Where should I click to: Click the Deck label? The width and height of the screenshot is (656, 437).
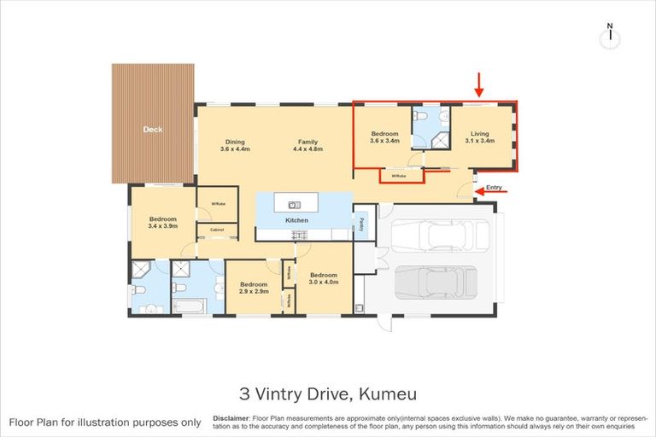click(153, 130)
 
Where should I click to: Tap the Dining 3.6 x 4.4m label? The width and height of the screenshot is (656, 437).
click(235, 145)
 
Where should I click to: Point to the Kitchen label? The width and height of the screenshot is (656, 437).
click(296, 220)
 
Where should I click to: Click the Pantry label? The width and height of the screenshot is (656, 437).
click(361, 223)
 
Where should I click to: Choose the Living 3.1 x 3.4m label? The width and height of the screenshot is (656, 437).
click(480, 137)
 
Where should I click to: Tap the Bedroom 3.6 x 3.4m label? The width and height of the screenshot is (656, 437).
click(384, 137)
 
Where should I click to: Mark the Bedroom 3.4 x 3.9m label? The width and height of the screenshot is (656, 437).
click(162, 222)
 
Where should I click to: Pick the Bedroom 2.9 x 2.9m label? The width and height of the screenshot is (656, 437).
click(254, 288)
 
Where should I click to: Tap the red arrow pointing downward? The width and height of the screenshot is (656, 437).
click(479, 84)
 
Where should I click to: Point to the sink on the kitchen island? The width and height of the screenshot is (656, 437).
click(293, 204)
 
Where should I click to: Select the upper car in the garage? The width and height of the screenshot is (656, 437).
click(441, 236)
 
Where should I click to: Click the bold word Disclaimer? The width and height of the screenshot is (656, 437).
click(230, 418)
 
